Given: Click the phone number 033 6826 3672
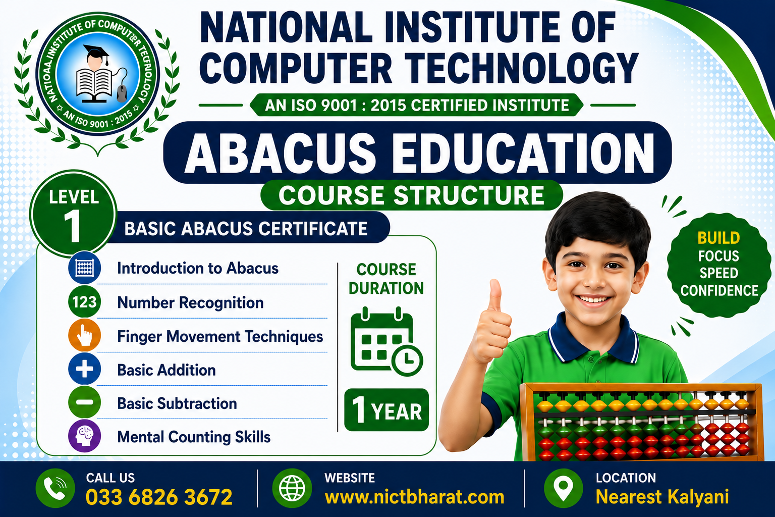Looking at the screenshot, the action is click(x=159, y=497).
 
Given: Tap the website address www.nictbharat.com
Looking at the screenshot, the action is click(x=414, y=497).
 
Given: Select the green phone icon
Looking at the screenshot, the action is click(x=55, y=488).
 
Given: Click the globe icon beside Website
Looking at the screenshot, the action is click(x=292, y=488).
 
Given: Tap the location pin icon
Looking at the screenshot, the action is click(x=563, y=488).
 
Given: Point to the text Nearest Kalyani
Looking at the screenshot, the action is click(x=662, y=497).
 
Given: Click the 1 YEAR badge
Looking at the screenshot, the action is click(x=386, y=410).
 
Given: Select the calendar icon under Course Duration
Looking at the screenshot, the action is click(x=386, y=341).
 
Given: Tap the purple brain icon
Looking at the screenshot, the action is click(x=84, y=436).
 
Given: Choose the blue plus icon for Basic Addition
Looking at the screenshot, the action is click(x=84, y=369).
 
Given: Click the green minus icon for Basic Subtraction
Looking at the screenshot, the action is click(x=84, y=402).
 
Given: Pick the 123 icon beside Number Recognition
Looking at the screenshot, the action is click(x=84, y=302).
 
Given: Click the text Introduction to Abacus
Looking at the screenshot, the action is click(x=198, y=269).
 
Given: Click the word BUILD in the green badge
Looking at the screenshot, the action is click(x=718, y=238).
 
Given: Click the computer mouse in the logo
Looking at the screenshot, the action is click(x=122, y=93).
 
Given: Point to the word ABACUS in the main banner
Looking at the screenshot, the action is click(x=280, y=152).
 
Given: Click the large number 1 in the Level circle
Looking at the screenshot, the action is click(x=73, y=226).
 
